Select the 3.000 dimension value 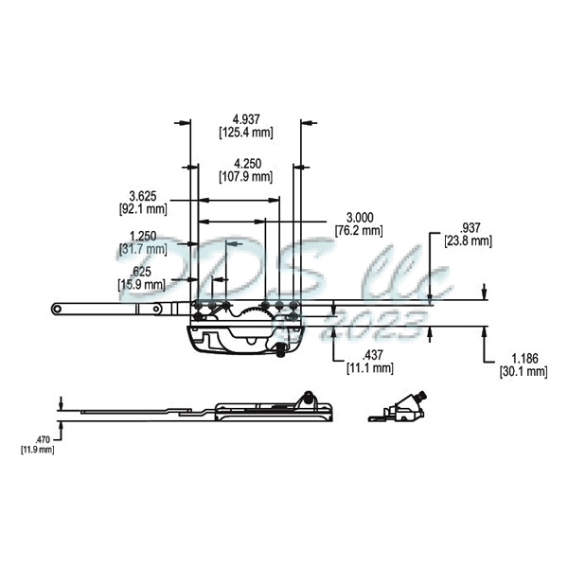[x=359, y=217]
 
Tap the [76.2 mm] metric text [x=359, y=230]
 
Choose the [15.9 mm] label [x=142, y=284]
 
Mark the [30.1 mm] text [x=524, y=372]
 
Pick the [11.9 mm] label [x=39, y=450]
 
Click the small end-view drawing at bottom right [x=403, y=408]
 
